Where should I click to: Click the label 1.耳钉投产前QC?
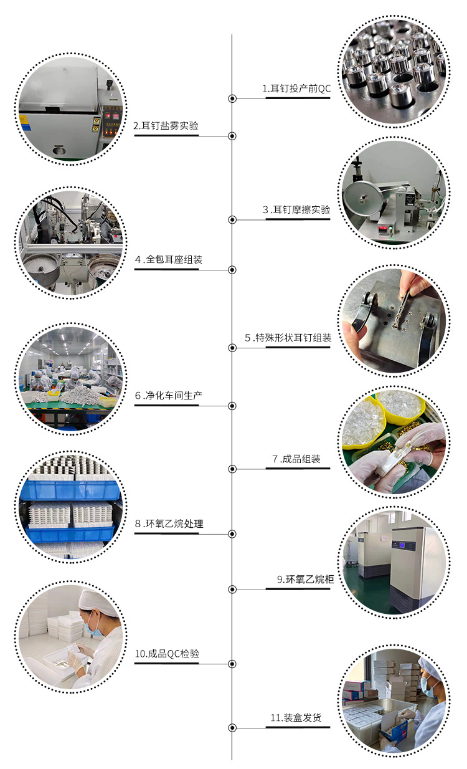pyautogui.click(x=296, y=89)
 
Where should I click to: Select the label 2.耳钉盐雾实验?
pyautogui.click(x=166, y=126)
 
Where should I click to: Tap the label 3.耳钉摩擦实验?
pyautogui.click(x=296, y=210)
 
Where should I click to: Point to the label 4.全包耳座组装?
pyautogui.click(x=166, y=260)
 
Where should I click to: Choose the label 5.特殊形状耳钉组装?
pyautogui.click(x=288, y=338)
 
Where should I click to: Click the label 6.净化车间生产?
pyautogui.click(x=166, y=396)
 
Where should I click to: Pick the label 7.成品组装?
pyautogui.click(x=296, y=459)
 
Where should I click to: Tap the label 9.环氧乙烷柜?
pyautogui.click(x=305, y=580)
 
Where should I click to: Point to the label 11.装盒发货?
pyautogui.click(x=296, y=718)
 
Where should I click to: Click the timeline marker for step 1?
pyautogui.click(x=232, y=98)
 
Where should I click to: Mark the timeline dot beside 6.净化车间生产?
pyautogui.click(x=232, y=406)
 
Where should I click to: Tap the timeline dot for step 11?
pyautogui.click(x=232, y=727)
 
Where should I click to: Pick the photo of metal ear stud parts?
pyautogui.click(x=394, y=70)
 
